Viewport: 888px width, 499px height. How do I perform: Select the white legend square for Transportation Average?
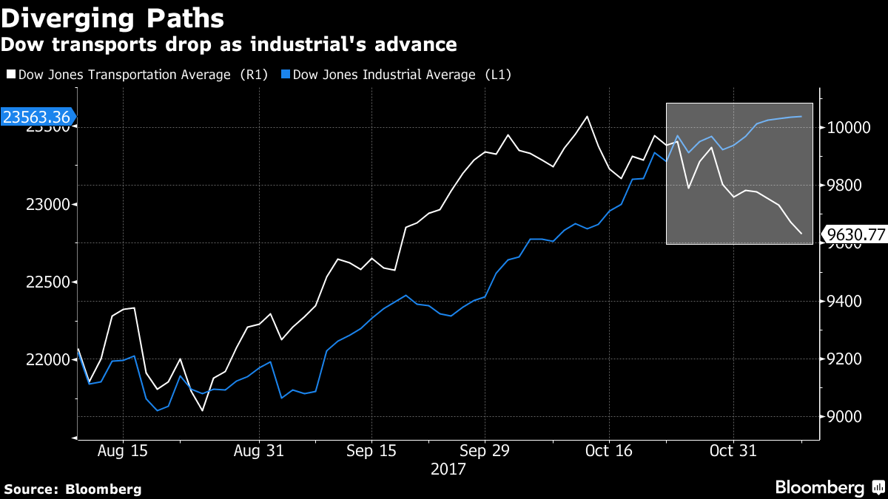pyautogui.click(x=10, y=75)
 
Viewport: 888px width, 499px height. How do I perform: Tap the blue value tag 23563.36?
pyautogui.click(x=37, y=118)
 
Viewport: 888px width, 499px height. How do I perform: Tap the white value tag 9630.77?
pyautogui.click(x=855, y=235)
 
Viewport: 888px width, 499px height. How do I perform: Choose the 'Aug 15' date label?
pyautogui.click(x=122, y=450)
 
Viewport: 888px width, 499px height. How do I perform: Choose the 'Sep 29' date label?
pyautogui.click(x=484, y=450)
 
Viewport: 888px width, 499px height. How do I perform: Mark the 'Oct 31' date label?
pyautogui.click(x=732, y=450)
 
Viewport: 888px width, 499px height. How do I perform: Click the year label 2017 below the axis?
pyautogui.click(x=447, y=469)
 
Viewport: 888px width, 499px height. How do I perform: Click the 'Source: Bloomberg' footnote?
pyautogui.click(x=73, y=489)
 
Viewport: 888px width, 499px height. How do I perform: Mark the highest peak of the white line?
pyautogui.click(x=587, y=116)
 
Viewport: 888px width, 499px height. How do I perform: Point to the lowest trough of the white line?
pyautogui.click(x=202, y=410)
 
